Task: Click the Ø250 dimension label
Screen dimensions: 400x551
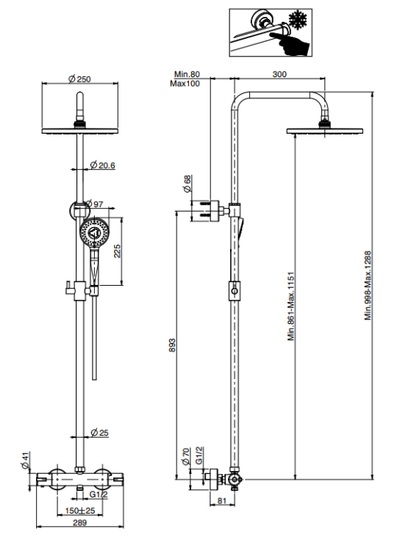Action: point(79,79)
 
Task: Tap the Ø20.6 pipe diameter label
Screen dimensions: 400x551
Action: point(102,165)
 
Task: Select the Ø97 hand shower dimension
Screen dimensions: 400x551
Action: point(94,204)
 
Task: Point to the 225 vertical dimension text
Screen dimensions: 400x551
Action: point(117,251)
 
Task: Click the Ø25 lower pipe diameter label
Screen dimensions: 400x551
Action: point(99,433)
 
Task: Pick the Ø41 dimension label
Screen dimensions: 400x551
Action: point(24,461)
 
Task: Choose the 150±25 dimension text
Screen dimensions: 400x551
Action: point(80,511)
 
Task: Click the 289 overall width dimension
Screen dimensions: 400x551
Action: point(80,522)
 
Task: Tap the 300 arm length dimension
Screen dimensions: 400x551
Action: point(279,74)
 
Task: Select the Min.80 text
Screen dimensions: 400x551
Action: point(187,74)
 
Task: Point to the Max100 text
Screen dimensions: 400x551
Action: point(185,83)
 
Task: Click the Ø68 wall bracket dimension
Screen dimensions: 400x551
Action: point(187,184)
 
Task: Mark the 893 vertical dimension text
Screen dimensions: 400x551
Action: point(171,345)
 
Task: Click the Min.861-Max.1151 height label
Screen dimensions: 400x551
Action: point(291,306)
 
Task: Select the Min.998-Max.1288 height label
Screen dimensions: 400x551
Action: point(368,285)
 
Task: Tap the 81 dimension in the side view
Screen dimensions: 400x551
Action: point(221,501)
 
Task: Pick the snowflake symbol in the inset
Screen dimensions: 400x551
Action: point(298,21)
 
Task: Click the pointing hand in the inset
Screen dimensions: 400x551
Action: point(290,43)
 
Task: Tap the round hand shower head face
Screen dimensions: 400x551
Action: point(94,232)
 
